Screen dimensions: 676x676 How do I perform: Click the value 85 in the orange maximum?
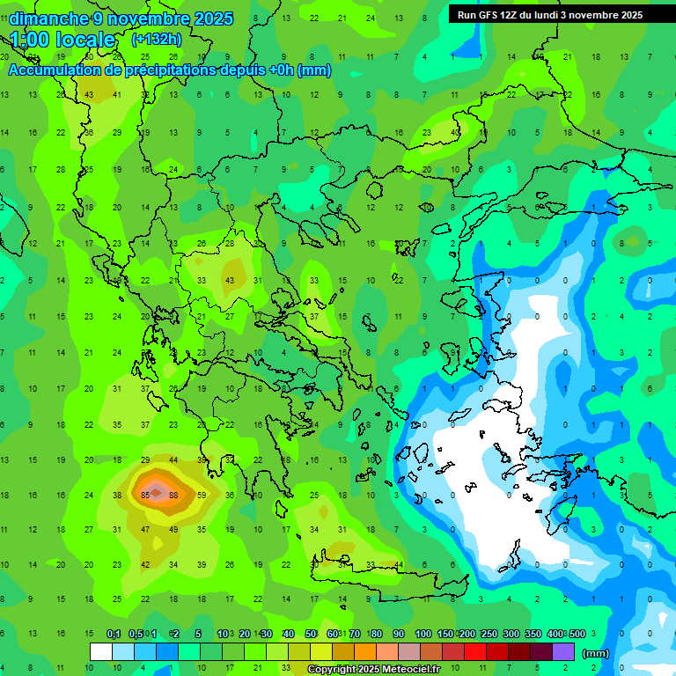145,496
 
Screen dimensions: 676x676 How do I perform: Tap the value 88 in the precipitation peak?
173,496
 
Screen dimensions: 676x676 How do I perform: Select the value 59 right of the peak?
202,496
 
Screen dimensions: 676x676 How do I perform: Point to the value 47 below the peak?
145,530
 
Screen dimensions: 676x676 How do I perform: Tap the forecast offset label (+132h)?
157,39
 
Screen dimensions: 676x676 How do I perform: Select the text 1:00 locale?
62,40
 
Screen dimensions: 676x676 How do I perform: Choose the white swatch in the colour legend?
101,652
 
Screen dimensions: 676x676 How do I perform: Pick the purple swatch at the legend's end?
563,652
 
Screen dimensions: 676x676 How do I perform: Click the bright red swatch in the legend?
475,652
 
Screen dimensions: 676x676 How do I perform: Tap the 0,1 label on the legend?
114,635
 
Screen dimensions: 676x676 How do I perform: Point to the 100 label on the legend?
422,635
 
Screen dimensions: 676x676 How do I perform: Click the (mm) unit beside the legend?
596,653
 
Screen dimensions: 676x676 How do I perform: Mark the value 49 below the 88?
173,530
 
